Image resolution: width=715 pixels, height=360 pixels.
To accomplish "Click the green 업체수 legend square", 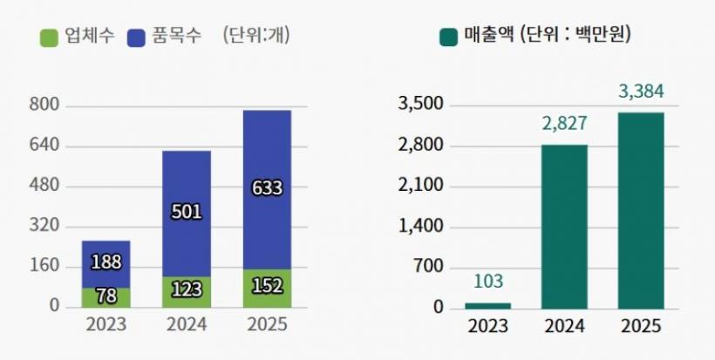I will (50, 37).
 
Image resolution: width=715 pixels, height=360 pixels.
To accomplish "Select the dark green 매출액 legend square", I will (450, 37).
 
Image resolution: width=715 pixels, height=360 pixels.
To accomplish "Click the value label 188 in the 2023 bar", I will (106, 262).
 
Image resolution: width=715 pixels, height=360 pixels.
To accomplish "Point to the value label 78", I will (106, 296).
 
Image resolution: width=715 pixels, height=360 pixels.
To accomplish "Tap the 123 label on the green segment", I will (186, 289).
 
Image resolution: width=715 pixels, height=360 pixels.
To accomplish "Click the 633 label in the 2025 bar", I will (267, 187).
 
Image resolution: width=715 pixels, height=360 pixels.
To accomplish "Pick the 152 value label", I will (267, 287).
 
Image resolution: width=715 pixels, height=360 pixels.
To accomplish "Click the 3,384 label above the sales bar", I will (641, 91).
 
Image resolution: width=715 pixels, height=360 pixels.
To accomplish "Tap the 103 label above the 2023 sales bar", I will (488, 282).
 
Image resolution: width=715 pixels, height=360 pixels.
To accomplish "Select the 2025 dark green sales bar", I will (641, 209).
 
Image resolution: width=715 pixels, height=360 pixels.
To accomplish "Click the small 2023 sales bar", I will (488, 305).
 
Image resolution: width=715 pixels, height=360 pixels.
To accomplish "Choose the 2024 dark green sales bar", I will (564, 227).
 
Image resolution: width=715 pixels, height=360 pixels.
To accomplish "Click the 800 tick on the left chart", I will (44, 105).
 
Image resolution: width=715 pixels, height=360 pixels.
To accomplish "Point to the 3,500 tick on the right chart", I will (421, 105).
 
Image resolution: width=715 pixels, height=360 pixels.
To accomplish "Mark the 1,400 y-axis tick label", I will (421, 227).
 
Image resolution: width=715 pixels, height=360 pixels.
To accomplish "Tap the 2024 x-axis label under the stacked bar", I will (186, 325).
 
